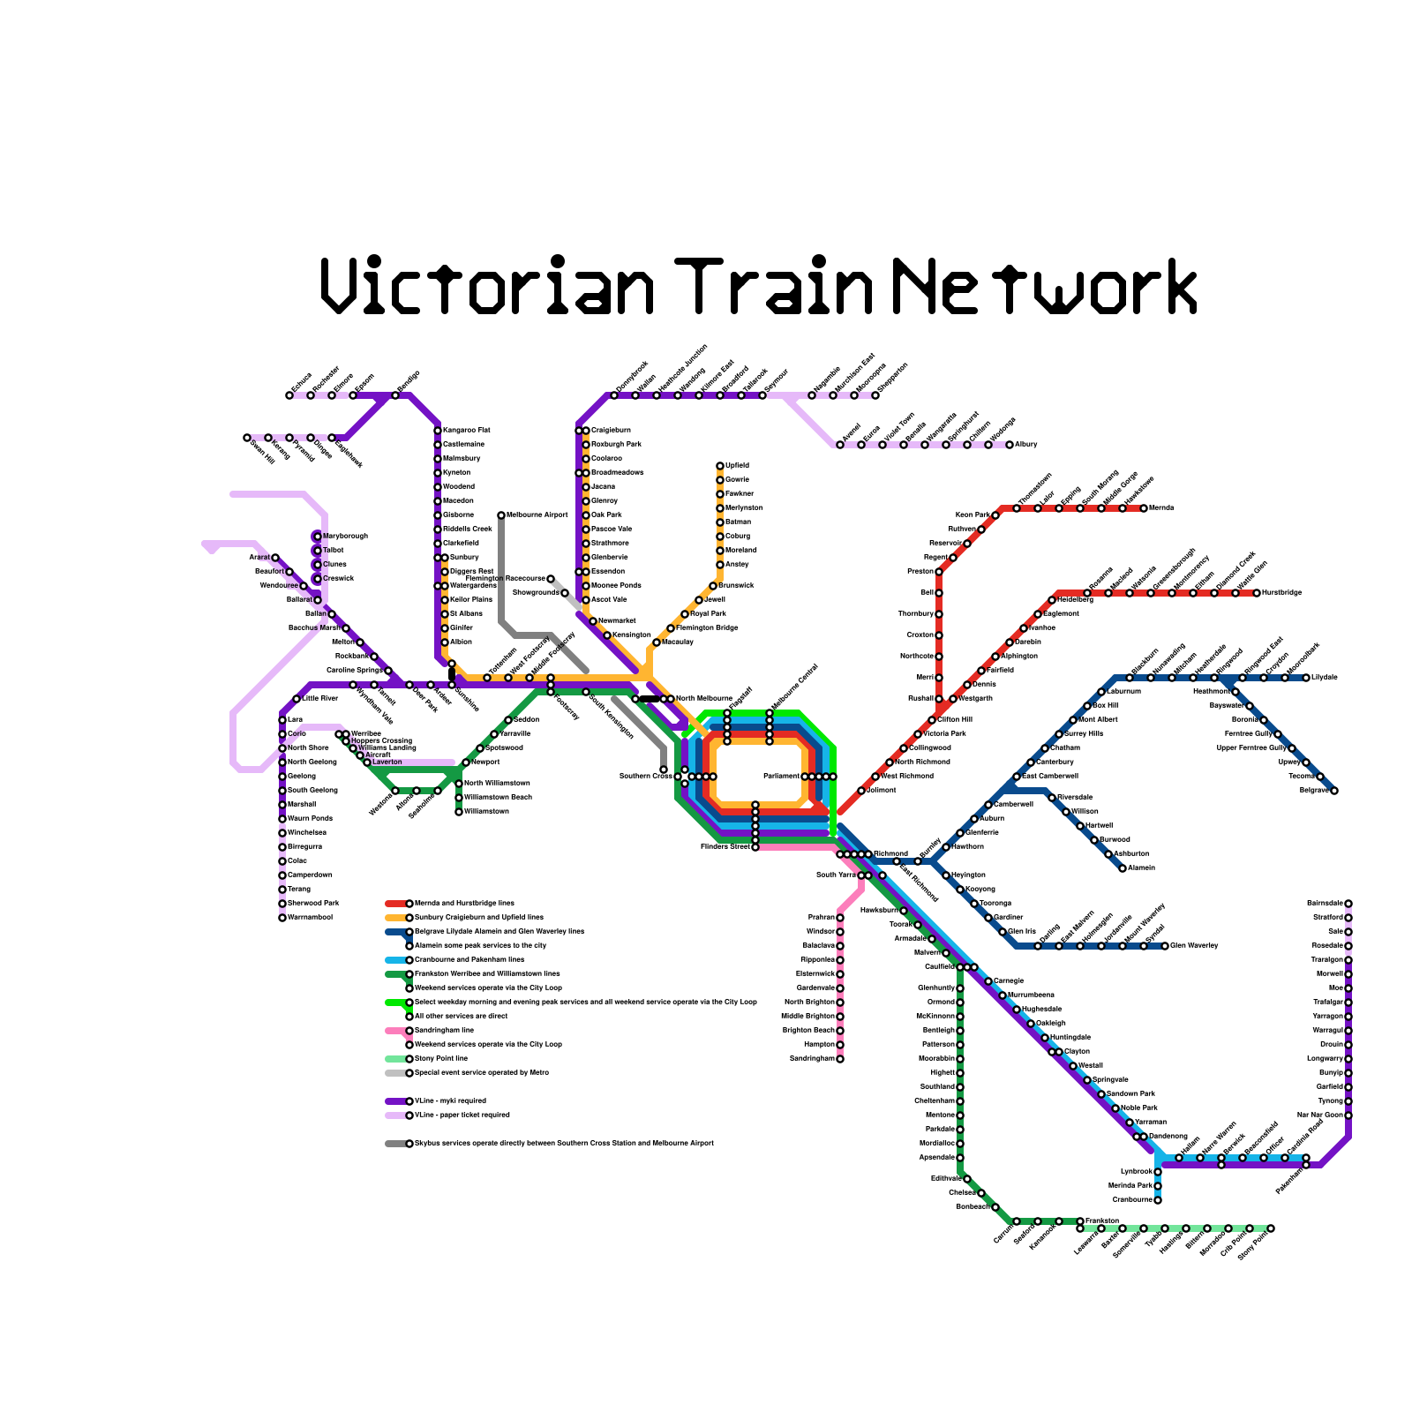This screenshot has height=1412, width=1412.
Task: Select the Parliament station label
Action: coord(781,776)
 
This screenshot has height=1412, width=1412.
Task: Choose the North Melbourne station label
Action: coord(703,698)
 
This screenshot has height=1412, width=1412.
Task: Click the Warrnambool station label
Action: coord(310,917)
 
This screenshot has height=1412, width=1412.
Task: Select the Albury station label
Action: coord(1026,444)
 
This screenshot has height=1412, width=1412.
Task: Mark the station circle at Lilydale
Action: coord(1306,678)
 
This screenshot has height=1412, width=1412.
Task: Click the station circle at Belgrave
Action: coord(1334,791)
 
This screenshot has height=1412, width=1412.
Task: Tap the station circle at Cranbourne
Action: coord(1158,1200)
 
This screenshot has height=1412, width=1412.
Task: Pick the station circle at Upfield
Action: coord(720,466)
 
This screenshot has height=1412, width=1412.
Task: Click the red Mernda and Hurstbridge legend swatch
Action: coord(395,904)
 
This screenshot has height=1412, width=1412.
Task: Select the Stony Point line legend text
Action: coord(441,1058)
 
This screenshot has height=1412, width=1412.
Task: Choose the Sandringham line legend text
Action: coord(444,1030)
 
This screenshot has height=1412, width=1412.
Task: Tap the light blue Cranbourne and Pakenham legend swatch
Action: coord(395,960)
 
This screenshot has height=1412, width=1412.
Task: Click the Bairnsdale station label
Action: coord(1325,903)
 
